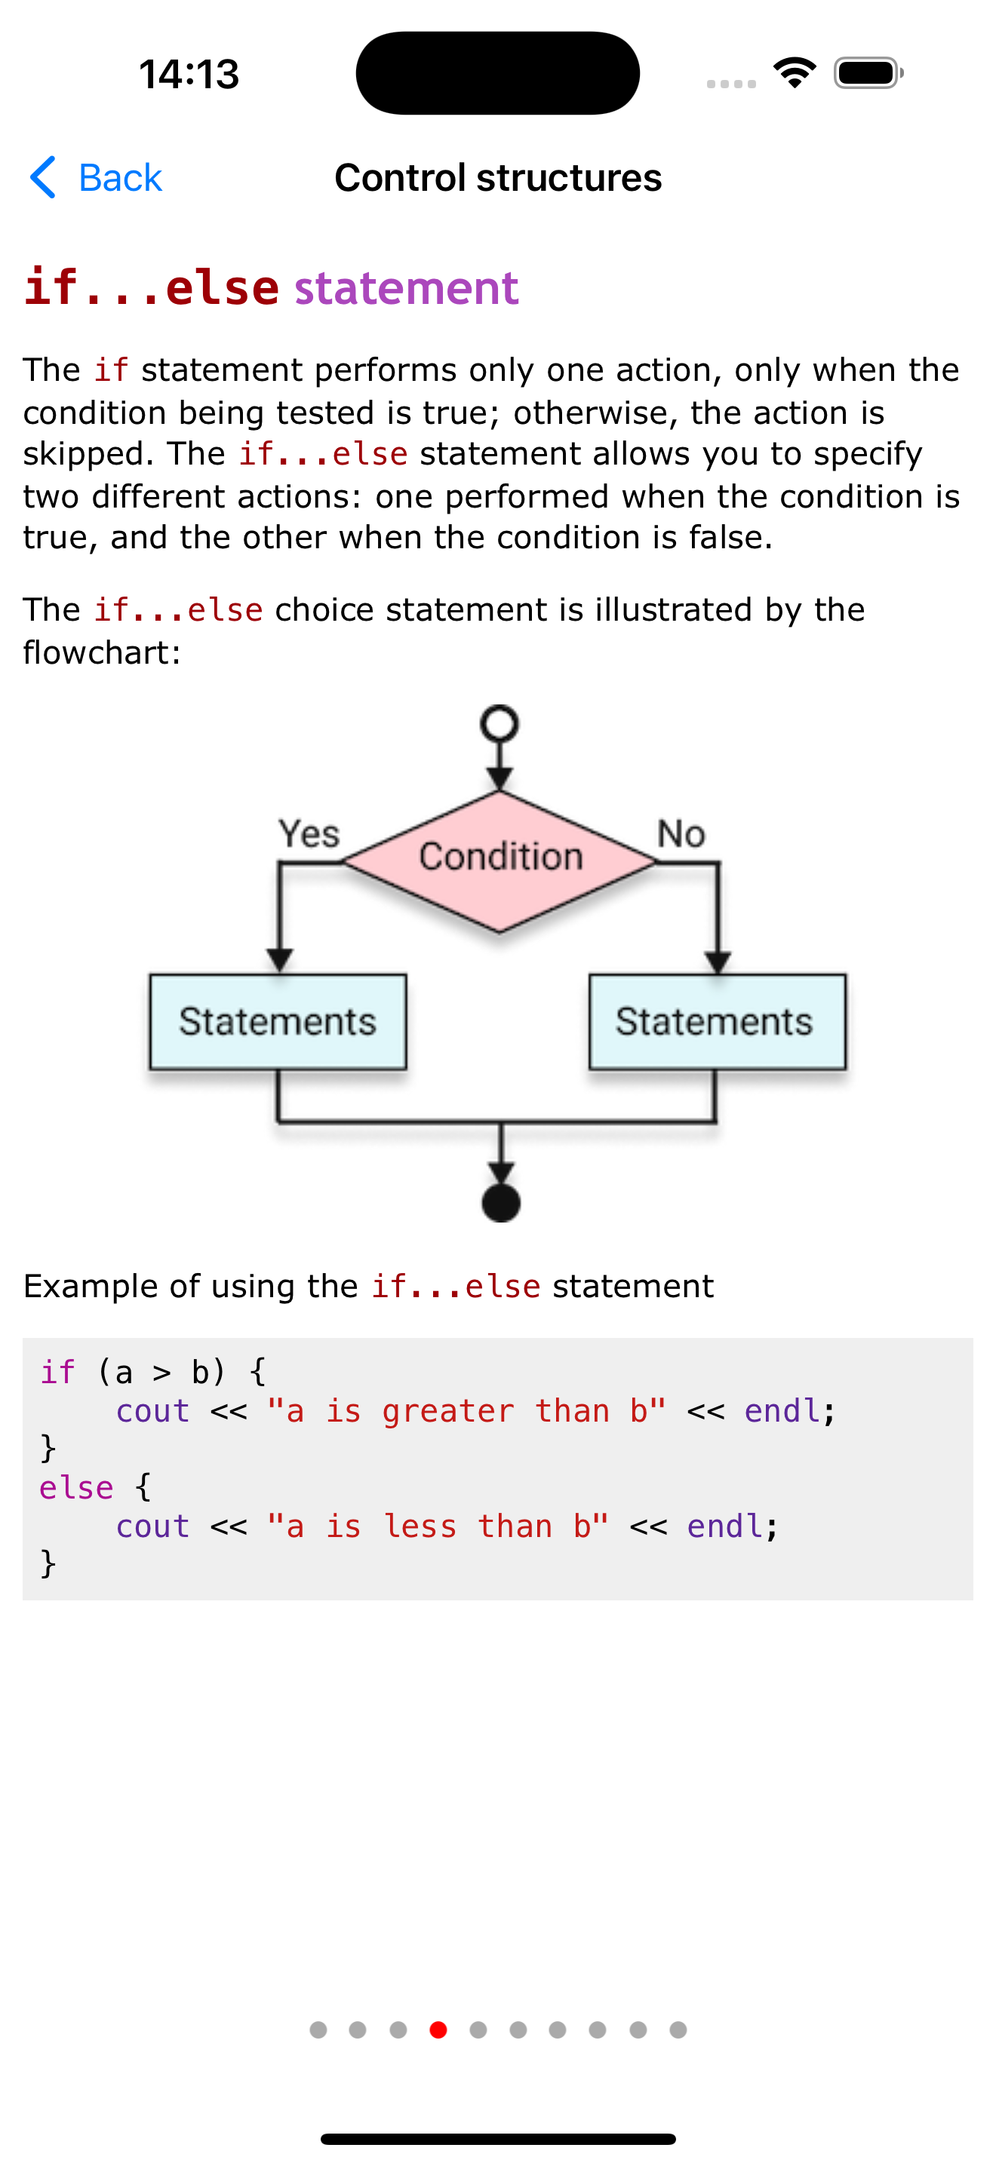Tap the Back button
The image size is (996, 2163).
pyautogui.click(x=96, y=178)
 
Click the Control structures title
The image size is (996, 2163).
pyautogui.click(x=498, y=178)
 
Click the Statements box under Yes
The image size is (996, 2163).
pyautogui.click(x=278, y=1022)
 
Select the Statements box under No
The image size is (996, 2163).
pyautogui.click(x=716, y=1022)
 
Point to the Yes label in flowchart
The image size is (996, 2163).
pyautogui.click(x=309, y=834)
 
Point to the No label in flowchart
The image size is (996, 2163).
pyautogui.click(x=681, y=834)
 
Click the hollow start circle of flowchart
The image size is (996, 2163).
pyautogui.click(x=500, y=724)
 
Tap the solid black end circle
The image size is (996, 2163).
pyautogui.click(x=500, y=1202)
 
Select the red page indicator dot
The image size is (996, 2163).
pyautogui.click(x=438, y=2030)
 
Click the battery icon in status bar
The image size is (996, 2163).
pyautogui.click(x=868, y=73)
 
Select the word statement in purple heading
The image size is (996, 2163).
pyautogui.click(x=407, y=288)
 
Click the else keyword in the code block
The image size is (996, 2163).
pyautogui.click(x=75, y=1488)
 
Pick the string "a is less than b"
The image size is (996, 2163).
pyautogui.click(x=438, y=1526)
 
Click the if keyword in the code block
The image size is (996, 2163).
pyautogui.click(x=57, y=1373)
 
